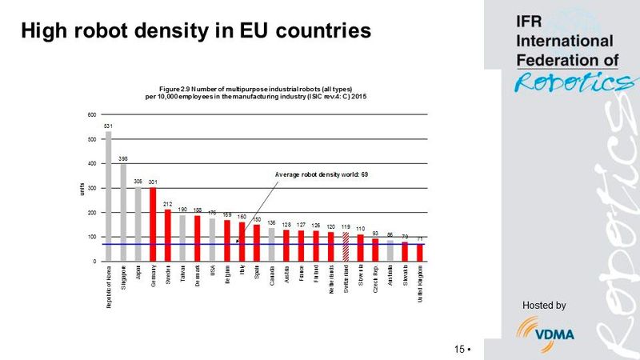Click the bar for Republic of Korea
(x=108, y=196)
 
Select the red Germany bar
(x=153, y=224)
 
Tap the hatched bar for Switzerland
(x=346, y=246)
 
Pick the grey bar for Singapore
(x=123, y=212)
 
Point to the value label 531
(x=108, y=126)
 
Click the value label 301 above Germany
(x=153, y=182)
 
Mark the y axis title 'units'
(x=81, y=189)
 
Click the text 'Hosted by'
(x=543, y=305)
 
